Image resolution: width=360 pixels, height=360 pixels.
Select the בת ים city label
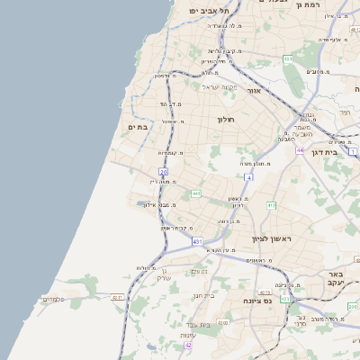coord(138,127)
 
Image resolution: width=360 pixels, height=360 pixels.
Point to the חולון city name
coord(225,119)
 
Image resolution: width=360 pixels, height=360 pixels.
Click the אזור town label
coord(253,91)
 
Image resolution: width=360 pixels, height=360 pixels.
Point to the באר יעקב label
coord(336,278)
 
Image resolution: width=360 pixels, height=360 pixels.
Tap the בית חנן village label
coord(203,294)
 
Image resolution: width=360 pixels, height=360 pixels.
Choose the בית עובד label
coord(197,324)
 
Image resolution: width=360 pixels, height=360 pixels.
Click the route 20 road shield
coord(163,171)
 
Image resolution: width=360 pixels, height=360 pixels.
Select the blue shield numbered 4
coord(249,177)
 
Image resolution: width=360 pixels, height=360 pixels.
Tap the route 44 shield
coord(300,149)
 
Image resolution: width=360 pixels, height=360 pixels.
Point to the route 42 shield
coord(188,345)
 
